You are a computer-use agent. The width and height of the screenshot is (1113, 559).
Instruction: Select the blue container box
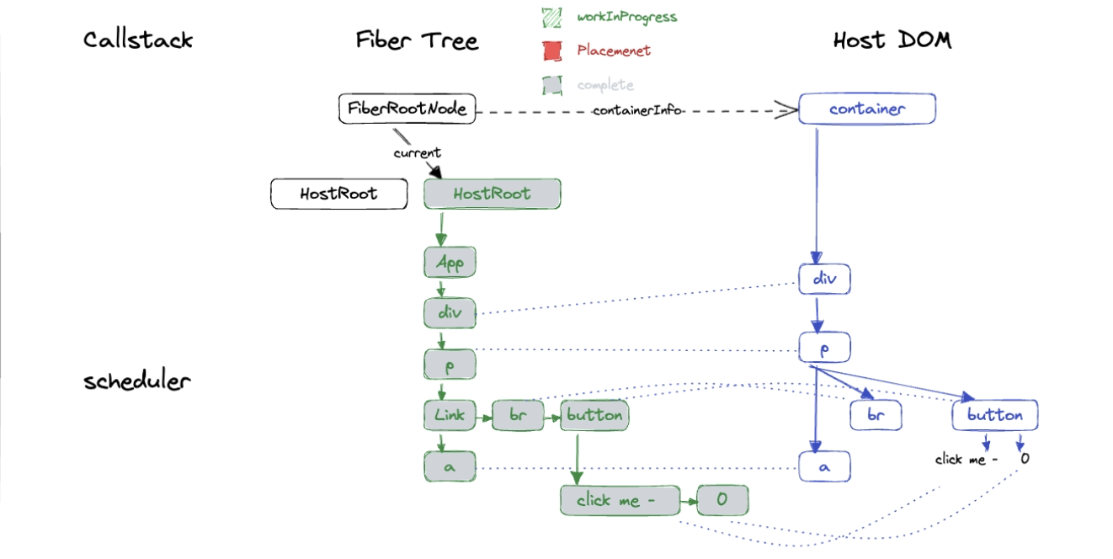tap(866, 109)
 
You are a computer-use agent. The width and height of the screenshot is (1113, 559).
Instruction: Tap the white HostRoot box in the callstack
tap(338, 194)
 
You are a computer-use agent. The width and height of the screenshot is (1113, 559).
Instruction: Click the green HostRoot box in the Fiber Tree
tap(492, 194)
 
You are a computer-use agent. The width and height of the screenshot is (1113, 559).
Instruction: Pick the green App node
tap(450, 263)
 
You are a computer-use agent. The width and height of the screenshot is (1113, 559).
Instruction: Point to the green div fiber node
tap(450, 313)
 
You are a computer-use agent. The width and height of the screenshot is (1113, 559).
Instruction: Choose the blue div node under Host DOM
tap(825, 279)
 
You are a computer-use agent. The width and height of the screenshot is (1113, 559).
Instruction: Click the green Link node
tap(450, 414)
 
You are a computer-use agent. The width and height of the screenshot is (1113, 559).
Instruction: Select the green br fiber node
tap(518, 414)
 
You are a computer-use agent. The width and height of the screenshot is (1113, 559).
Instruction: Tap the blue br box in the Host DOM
tap(876, 415)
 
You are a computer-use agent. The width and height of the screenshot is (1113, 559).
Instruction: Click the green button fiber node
tap(594, 414)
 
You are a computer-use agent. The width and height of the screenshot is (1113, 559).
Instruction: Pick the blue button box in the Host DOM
tap(994, 415)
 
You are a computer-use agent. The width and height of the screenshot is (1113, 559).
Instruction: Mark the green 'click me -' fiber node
tap(620, 501)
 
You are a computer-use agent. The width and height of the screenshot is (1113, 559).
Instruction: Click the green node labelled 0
tap(722, 501)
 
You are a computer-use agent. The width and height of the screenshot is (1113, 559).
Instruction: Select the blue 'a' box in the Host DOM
tap(825, 466)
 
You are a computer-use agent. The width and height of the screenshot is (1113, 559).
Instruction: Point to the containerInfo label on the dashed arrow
tap(636, 110)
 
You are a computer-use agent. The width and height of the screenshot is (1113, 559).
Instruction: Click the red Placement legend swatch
tap(552, 51)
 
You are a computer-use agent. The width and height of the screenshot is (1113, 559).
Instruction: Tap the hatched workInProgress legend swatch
tap(552, 17)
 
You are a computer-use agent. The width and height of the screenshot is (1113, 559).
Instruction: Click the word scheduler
tap(137, 381)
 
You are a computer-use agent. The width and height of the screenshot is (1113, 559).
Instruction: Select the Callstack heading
tap(138, 40)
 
